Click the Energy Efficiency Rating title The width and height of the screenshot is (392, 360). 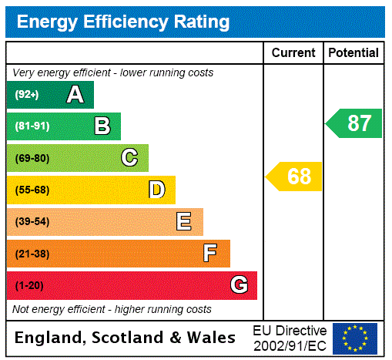click(x=123, y=22)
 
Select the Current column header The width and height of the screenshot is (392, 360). click(x=293, y=53)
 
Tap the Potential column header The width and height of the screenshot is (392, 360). click(x=353, y=53)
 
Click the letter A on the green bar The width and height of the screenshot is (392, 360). click(x=75, y=95)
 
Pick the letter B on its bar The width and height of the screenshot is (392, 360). click(x=102, y=126)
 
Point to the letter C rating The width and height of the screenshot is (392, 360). click(x=129, y=158)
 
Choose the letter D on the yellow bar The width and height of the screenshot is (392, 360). click(x=156, y=190)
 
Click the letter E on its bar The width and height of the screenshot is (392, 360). click(x=184, y=222)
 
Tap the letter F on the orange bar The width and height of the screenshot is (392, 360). click(x=210, y=254)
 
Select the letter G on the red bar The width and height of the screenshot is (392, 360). click(x=239, y=285)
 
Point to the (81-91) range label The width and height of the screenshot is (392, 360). click(x=32, y=126)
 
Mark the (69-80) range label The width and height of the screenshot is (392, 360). click(x=32, y=158)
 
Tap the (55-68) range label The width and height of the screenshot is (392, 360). click(x=32, y=190)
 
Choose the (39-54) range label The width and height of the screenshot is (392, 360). click(x=32, y=222)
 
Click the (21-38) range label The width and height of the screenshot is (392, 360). click(x=32, y=254)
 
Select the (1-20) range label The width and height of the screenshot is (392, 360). click(x=29, y=285)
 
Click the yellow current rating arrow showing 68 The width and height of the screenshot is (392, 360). click(x=295, y=177)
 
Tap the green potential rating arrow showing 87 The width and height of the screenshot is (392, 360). click(x=354, y=123)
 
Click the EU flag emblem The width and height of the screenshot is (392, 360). click(x=355, y=338)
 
